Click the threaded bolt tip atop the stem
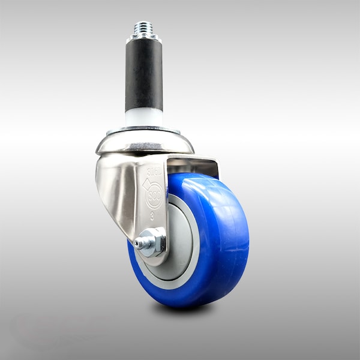pyautogui.click(x=143, y=28)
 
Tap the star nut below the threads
pyautogui.click(x=143, y=38)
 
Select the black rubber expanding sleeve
pyautogui.click(x=143, y=75)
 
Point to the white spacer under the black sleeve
pyautogui.click(x=143, y=117)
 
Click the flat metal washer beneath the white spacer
pyautogui.click(x=143, y=129)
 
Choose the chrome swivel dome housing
pyautogui.click(x=144, y=142)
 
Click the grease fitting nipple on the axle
pyautogui.click(x=139, y=243)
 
